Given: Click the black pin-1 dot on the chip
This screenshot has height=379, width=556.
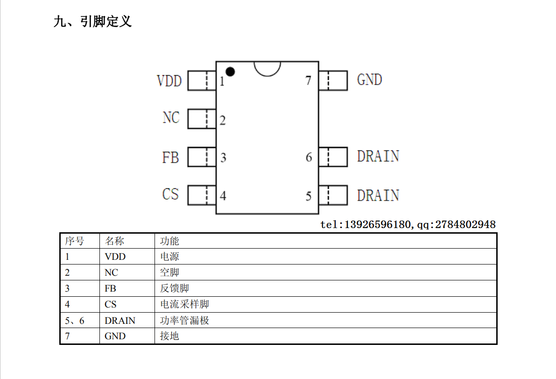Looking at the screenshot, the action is tap(230, 72).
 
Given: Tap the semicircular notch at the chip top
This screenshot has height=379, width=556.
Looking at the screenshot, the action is tap(267, 75).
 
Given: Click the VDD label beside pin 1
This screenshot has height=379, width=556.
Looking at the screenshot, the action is tap(169, 81).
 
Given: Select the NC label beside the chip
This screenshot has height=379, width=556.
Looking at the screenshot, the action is tap(171, 117).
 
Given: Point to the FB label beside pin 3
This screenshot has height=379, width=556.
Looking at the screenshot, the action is tap(170, 157).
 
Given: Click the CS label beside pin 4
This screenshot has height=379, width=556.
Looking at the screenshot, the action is tap(170, 194).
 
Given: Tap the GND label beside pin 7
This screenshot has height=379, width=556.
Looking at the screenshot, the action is tap(369, 79).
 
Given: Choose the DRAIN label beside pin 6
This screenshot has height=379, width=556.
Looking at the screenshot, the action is tap(378, 156).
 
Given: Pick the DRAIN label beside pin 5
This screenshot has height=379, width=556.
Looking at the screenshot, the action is tap(378, 195).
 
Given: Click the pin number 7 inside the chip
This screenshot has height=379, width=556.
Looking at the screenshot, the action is tap(308, 80).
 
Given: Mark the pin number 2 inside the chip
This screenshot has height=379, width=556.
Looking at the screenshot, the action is tap(222, 120).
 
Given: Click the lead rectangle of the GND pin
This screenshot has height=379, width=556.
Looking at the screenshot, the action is tap(333, 80).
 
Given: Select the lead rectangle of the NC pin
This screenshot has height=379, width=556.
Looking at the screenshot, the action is tap(202, 119).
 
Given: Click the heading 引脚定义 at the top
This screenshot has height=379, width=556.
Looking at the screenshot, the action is tap(106, 21).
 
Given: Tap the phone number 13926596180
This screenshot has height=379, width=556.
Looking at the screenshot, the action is tap(377, 224).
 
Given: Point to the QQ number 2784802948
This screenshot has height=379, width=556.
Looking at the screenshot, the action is tap(465, 224).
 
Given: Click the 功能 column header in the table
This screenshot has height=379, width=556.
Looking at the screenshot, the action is tap(169, 241).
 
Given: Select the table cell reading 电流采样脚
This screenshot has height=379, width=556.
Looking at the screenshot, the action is tap(184, 304).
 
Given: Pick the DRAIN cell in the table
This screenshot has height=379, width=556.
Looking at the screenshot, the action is tap(120, 321).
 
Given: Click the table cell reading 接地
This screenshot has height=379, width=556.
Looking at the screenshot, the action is tap(169, 336).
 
